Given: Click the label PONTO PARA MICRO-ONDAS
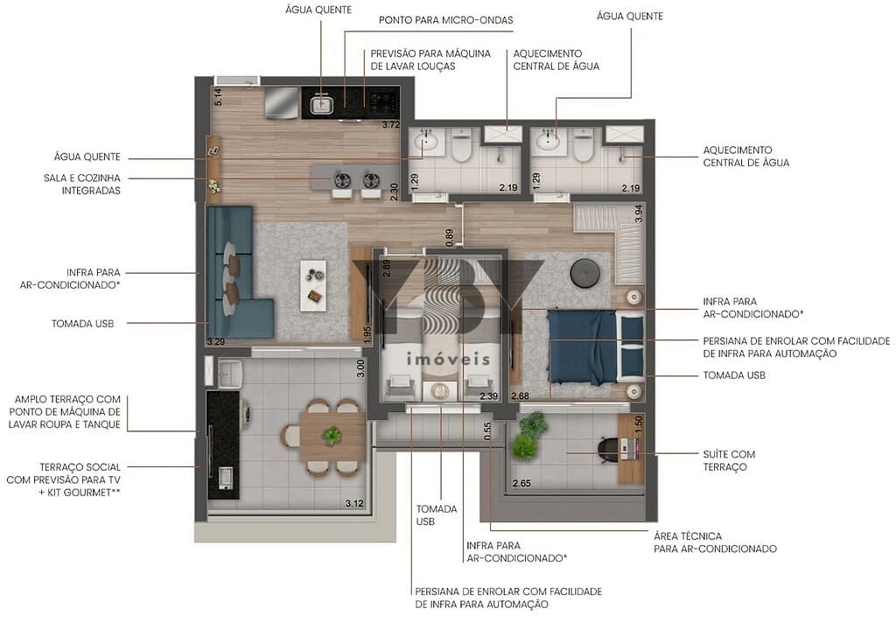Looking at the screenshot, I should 445,19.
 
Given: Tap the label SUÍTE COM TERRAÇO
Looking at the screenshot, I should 728,460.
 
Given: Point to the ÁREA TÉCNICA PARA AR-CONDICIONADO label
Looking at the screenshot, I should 715,542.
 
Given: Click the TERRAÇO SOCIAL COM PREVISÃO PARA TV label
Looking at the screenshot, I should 80,474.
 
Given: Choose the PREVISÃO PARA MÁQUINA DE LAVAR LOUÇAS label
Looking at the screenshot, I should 430,59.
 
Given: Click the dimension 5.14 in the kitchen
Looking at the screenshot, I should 218,97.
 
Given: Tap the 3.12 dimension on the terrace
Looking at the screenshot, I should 354,503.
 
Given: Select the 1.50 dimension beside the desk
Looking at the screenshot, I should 638,421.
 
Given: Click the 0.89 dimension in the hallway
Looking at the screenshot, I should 449,237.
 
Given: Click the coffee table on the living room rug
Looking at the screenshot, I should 313,283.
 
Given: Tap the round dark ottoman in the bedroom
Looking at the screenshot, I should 583,274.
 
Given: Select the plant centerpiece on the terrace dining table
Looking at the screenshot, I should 332,435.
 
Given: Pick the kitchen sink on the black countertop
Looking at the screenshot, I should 321,105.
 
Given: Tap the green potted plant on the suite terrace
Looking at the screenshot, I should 527,437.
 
